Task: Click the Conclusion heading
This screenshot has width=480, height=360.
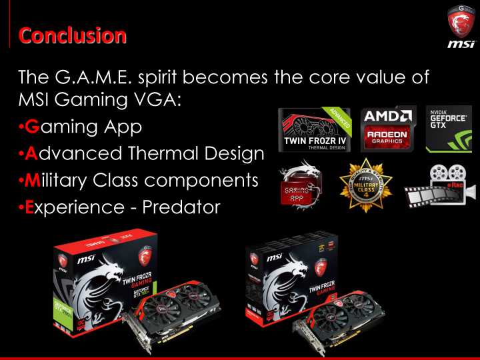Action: pos(72,35)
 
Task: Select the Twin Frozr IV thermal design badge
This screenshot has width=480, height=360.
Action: pos(315,128)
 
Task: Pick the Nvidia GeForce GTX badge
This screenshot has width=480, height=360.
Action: pos(448,127)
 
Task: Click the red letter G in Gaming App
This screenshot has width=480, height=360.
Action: pos(31,127)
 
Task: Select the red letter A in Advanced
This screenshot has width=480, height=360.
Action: pos(31,154)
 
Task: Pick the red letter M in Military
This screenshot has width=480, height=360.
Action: pos(32,181)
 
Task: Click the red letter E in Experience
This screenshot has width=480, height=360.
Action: pos(30,207)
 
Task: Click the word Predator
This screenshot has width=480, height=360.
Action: pos(178,207)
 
